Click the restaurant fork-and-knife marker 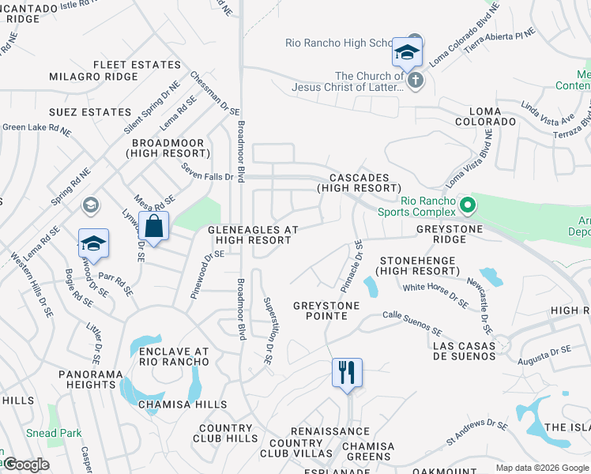point(347,372)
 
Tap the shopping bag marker point(154,227)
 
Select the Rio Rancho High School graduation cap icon point(407,53)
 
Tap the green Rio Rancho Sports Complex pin point(468,205)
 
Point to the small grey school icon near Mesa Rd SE point(91,205)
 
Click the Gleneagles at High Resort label point(253,235)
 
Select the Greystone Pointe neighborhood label point(326,310)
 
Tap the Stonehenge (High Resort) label point(419,265)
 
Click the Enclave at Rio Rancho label point(174,356)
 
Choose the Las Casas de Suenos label point(465,351)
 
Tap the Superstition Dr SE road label point(269,330)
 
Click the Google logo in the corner point(25,465)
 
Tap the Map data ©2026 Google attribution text point(542,468)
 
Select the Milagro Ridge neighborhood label point(93,77)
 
